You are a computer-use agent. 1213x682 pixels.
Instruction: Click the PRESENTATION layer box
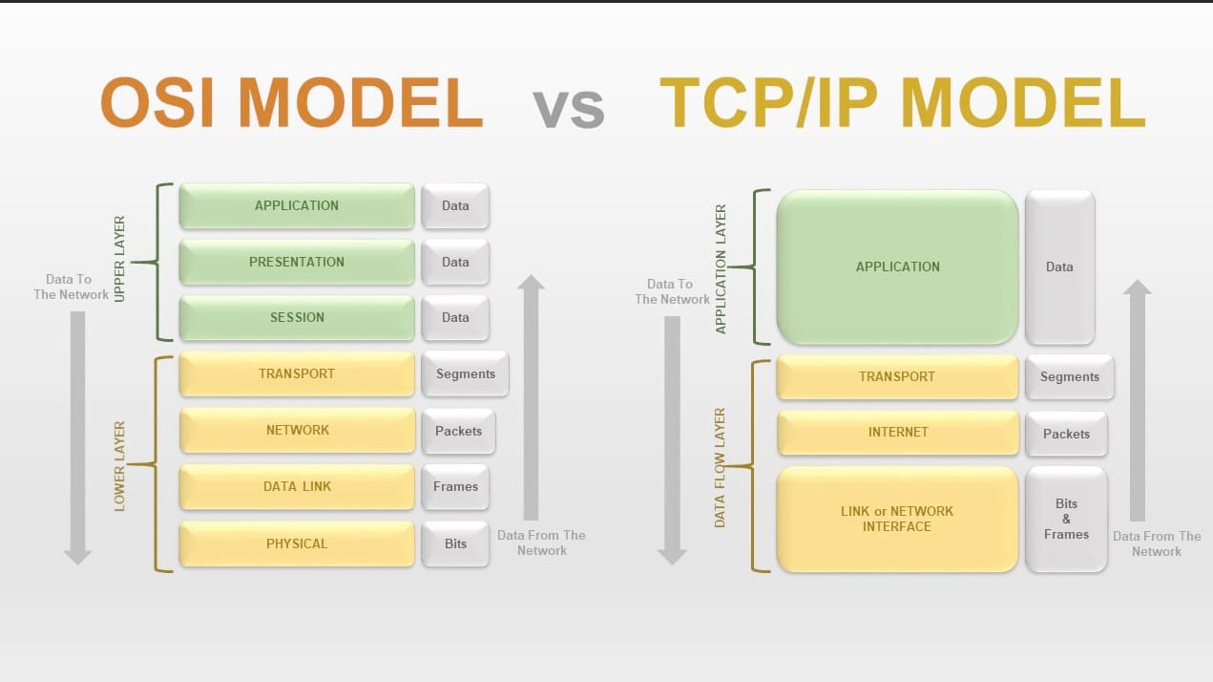pyautogui.click(x=297, y=262)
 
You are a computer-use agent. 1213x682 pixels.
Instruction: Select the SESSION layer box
pyautogui.click(x=297, y=318)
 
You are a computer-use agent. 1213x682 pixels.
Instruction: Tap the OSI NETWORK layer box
pyautogui.click(x=297, y=430)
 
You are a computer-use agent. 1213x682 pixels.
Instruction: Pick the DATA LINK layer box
pyautogui.click(x=297, y=486)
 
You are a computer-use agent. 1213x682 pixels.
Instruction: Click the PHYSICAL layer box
pyautogui.click(x=297, y=543)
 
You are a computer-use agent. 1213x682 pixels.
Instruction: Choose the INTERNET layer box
pyautogui.click(x=898, y=432)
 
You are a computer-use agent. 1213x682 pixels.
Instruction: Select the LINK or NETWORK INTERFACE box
pyautogui.click(x=897, y=519)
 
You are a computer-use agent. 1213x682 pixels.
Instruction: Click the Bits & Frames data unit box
pyautogui.click(x=1066, y=519)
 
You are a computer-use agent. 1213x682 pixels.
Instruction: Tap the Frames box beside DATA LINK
pyautogui.click(x=455, y=486)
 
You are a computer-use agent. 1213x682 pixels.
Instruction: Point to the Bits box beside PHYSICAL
pyautogui.click(x=455, y=543)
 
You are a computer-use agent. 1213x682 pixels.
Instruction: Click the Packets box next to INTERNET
pyautogui.click(x=1066, y=434)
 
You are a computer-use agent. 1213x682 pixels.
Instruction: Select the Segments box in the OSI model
pyautogui.click(x=465, y=374)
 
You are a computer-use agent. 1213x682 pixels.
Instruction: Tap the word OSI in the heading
pyautogui.click(x=157, y=102)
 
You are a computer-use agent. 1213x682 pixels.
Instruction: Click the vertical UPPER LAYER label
pyautogui.click(x=119, y=259)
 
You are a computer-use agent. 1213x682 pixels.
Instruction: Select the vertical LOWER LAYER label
pyautogui.click(x=119, y=466)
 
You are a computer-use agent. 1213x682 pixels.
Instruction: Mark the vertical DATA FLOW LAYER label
pyautogui.click(x=720, y=468)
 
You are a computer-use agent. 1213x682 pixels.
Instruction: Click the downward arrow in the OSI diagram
pyautogui.click(x=77, y=438)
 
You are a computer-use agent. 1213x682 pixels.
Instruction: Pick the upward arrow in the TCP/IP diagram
pyautogui.click(x=1138, y=400)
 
